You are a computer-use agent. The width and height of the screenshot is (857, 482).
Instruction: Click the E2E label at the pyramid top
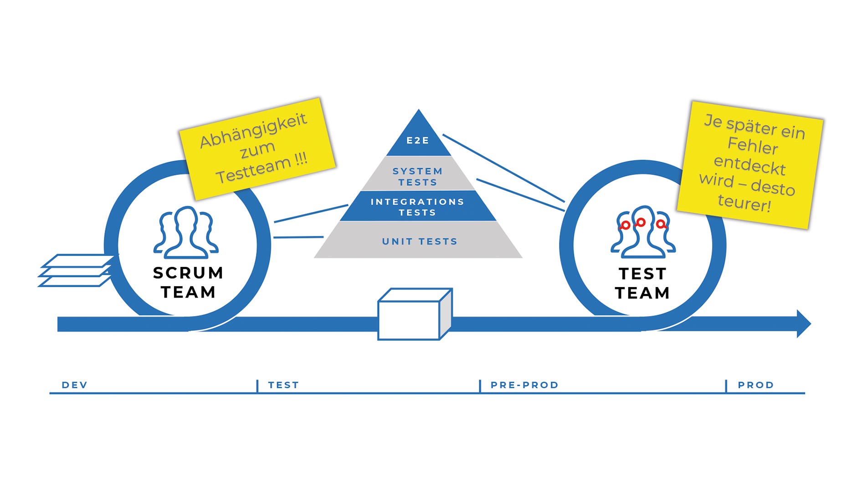point(418,141)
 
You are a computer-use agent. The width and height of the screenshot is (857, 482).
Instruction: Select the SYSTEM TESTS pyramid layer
point(417,177)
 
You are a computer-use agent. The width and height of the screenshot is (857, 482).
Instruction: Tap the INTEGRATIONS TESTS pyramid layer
point(417,207)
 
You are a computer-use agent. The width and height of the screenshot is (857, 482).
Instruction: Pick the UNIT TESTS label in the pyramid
point(420,241)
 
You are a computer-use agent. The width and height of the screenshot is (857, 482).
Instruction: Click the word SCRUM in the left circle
point(188,273)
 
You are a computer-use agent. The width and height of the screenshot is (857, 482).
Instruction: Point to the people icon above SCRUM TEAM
point(186,232)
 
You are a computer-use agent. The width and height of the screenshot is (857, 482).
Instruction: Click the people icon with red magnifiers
point(642,231)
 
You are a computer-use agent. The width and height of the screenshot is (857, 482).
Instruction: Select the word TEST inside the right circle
point(642,274)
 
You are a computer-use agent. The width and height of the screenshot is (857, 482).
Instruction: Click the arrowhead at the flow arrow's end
point(803,324)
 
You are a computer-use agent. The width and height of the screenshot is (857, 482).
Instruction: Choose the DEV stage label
point(75,385)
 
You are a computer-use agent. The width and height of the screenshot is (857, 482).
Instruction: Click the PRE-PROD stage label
point(524,385)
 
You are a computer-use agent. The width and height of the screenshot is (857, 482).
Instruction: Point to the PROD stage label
point(756,385)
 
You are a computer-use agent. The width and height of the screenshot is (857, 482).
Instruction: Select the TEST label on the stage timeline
point(283,385)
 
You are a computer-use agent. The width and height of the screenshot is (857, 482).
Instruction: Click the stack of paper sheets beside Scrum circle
point(77,271)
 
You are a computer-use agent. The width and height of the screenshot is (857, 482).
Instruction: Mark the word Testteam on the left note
point(253,170)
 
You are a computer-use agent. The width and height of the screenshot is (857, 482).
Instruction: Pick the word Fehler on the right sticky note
point(753,146)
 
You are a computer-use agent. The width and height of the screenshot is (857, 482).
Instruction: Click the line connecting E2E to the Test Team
point(503,168)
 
